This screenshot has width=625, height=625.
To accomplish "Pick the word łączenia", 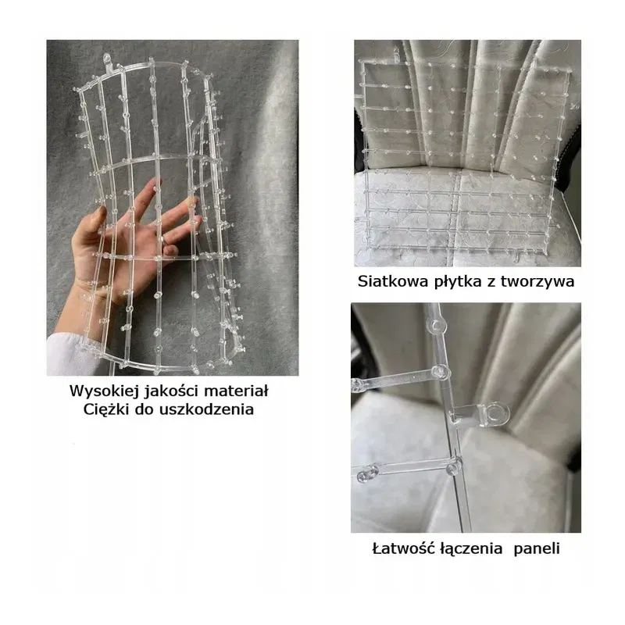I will coord(471,549).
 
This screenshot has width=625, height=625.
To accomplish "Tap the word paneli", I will coord(537,549).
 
